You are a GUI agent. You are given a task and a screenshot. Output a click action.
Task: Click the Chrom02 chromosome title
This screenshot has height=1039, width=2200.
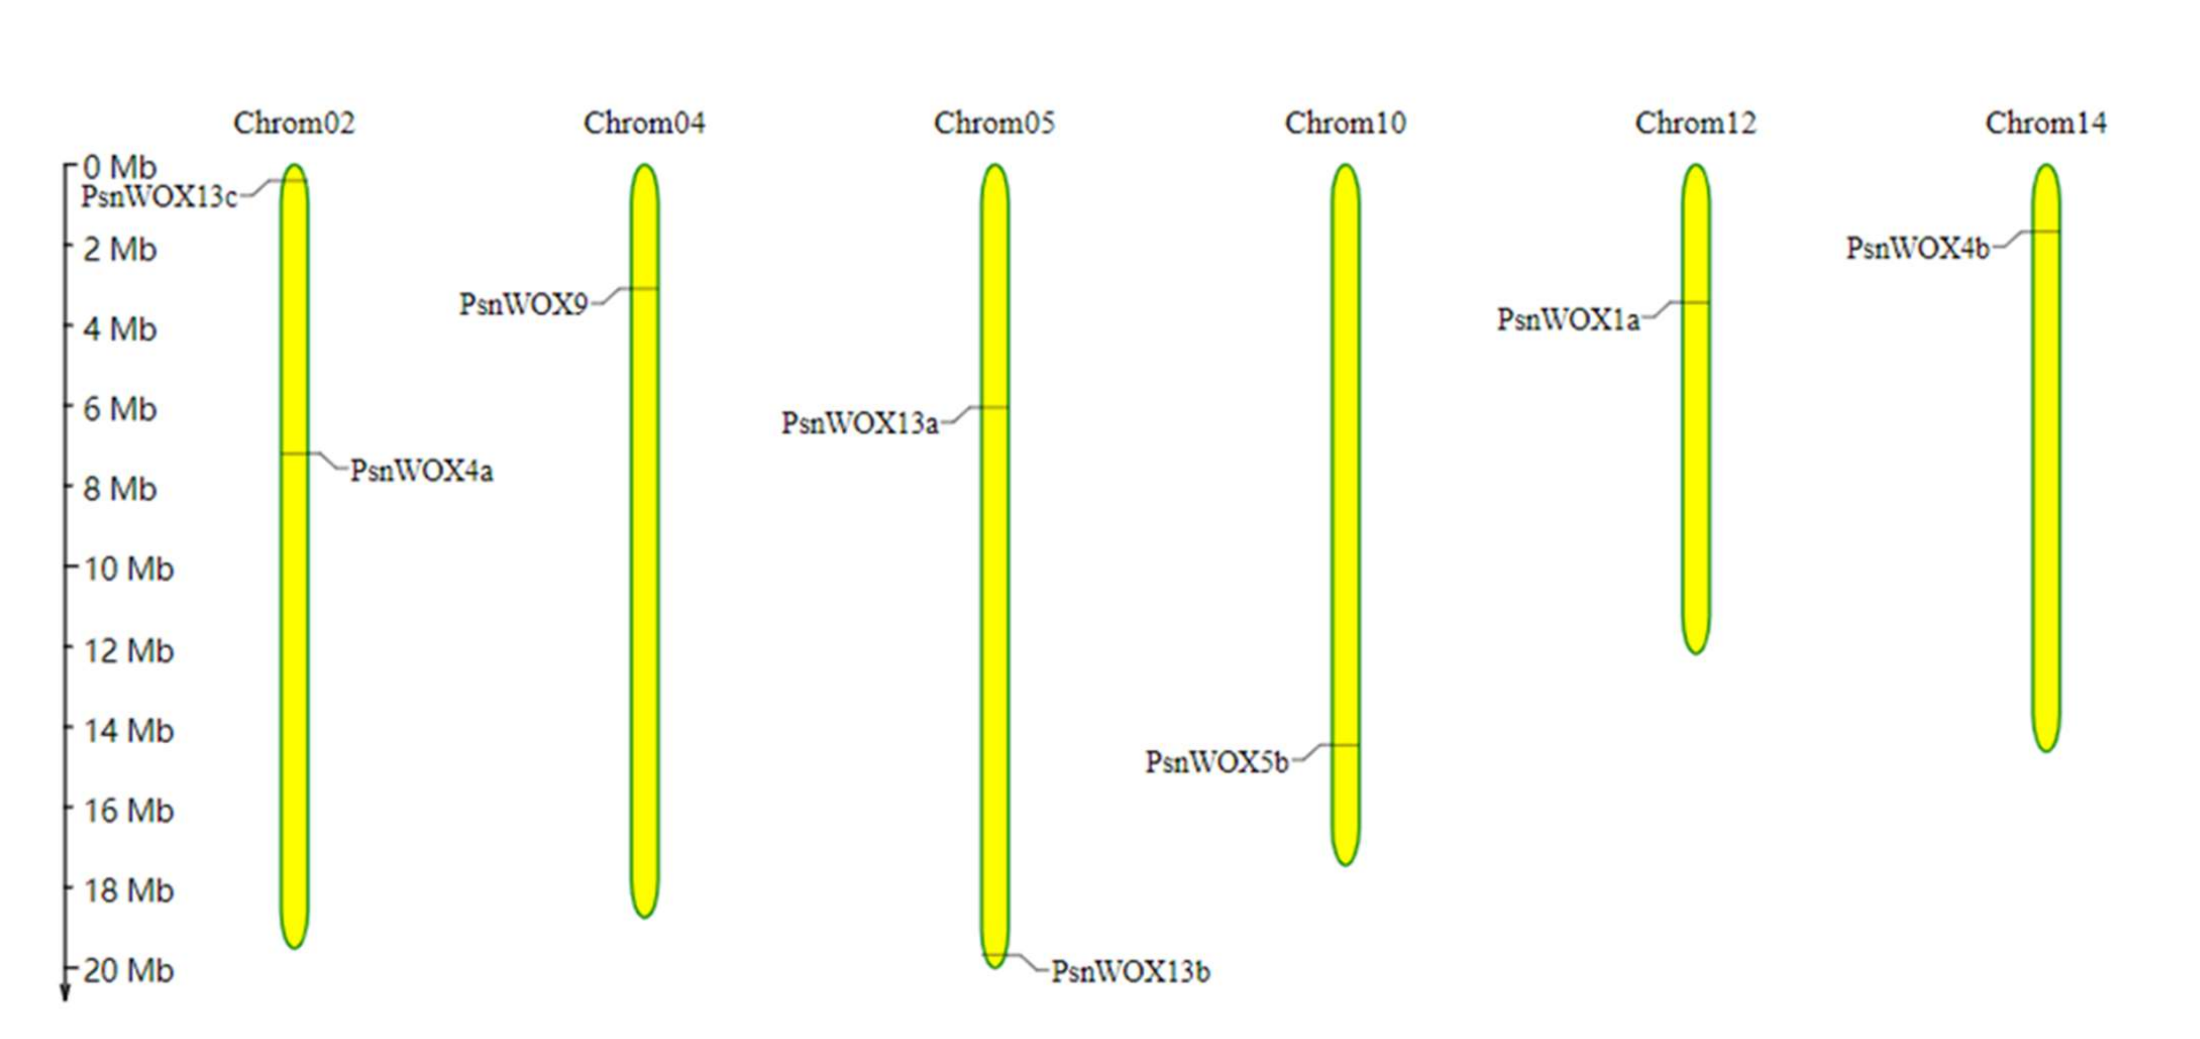click(x=294, y=123)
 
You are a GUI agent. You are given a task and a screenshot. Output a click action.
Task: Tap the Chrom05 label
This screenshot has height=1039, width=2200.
click(x=995, y=123)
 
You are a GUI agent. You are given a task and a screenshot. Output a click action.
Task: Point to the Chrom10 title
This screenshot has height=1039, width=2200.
click(x=1345, y=123)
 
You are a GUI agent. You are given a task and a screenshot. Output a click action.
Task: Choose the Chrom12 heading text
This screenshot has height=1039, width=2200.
click(x=1695, y=123)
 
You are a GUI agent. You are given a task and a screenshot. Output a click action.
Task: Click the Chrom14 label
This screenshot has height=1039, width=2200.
click(x=2045, y=123)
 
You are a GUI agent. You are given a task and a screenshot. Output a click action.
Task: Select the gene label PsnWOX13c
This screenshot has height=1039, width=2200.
click(x=159, y=197)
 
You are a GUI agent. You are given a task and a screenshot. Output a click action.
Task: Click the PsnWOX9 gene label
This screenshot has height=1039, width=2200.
click(x=523, y=304)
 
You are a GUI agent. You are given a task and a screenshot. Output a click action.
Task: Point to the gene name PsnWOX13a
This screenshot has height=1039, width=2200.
click(x=860, y=422)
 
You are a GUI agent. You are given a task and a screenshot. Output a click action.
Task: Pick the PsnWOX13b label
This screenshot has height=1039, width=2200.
click(x=1131, y=971)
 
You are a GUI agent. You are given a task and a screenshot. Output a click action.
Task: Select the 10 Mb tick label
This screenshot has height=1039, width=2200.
click(x=129, y=568)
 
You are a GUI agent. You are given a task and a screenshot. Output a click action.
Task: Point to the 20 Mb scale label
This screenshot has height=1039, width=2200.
click(x=129, y=971)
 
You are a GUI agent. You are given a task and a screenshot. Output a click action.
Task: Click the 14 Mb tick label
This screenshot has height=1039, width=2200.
click(x=129, y=731)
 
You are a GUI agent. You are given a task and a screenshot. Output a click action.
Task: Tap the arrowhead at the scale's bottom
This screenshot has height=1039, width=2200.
click(x=64, y=993)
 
